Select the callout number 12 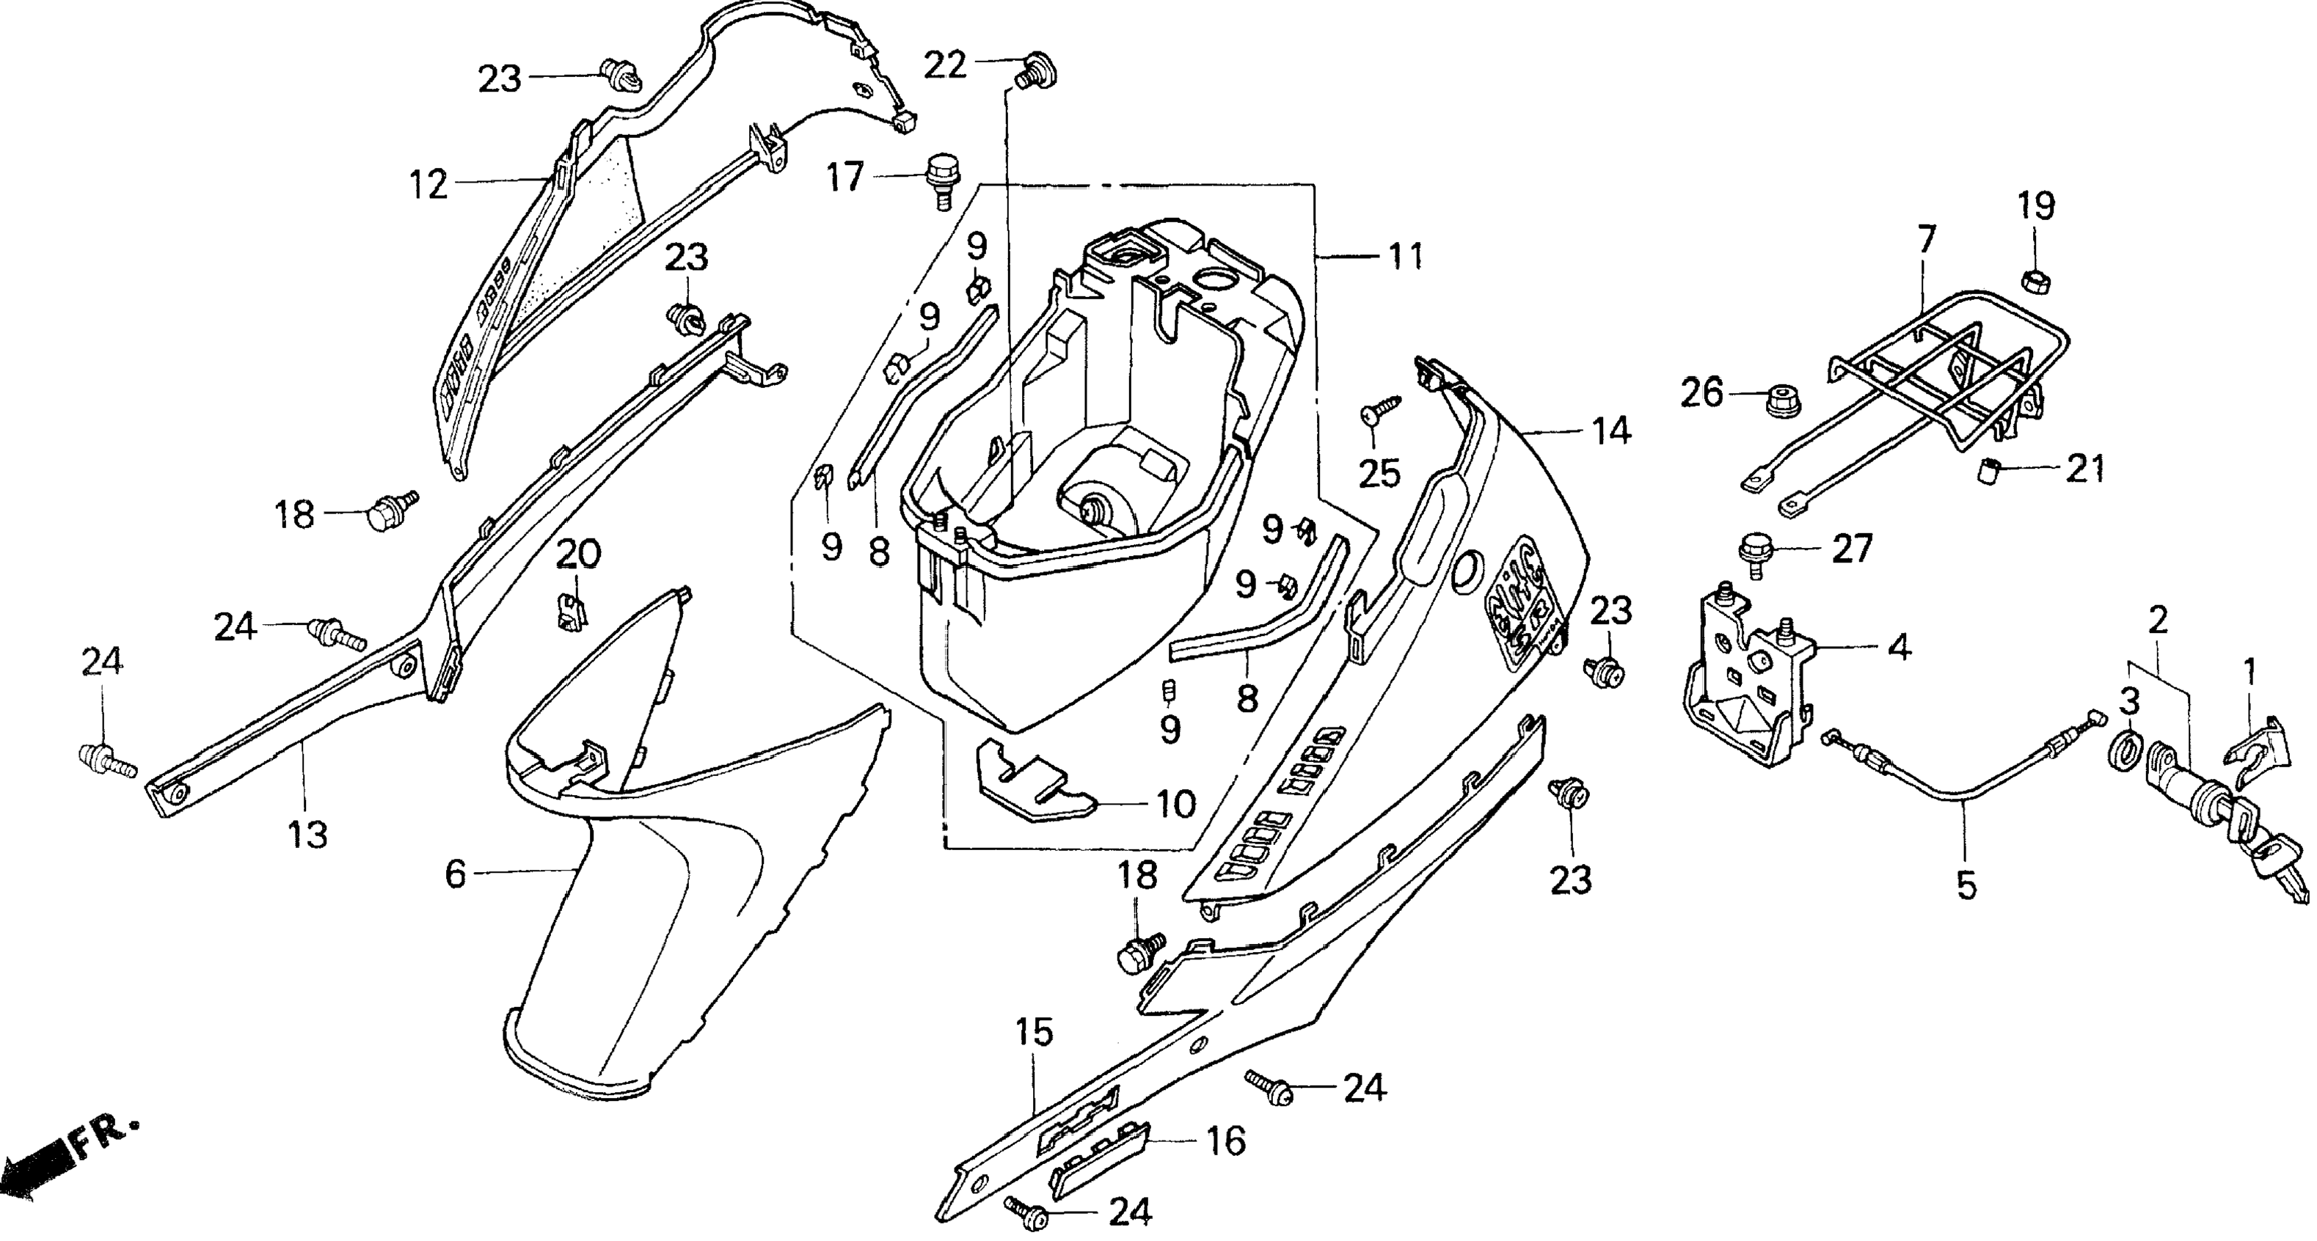click(x=428, y=186)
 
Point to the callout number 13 click(x=307, y=835)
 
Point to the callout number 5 click(x=1967, y=886)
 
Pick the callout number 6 click(x=456, y=874)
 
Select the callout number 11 click(x=1406, y=257)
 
